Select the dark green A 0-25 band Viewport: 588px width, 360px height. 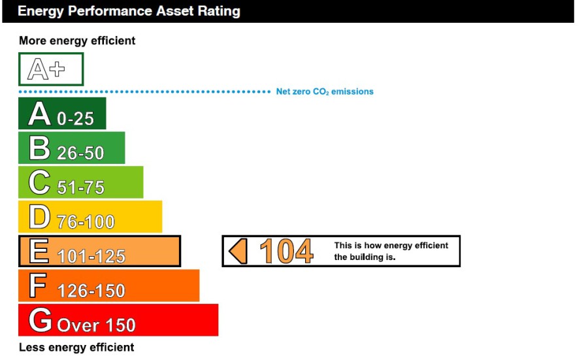[62, 113]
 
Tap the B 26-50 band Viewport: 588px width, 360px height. [72, 148]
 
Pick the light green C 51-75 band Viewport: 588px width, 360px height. [80, 182]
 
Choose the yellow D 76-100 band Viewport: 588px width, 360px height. [90, 216]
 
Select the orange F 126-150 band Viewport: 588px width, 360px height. [108, 286]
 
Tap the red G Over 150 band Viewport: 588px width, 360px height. [118, 320]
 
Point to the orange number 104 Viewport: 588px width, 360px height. [286, 251]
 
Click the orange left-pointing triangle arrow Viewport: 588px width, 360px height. [238, 251]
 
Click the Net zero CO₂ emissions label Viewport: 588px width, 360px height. [325, 91]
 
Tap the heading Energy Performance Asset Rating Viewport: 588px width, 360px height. [129, 11]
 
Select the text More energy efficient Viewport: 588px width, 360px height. [77, 41]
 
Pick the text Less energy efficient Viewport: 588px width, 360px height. [76, 347]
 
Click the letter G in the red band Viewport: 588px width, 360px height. [40, 319]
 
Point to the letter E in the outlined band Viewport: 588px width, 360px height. [39, 250]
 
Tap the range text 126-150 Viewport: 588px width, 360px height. [91, 291]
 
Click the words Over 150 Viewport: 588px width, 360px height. [97, 325]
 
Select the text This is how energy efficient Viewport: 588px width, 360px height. [391, 245]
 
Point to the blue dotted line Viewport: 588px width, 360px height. [145, 91]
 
